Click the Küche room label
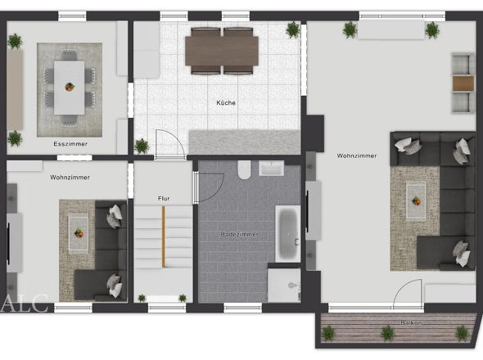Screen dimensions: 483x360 coord(226,103)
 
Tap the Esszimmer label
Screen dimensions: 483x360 coord(70,144)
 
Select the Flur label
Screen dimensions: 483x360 coord(164,199)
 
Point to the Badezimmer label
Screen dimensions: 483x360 coord(239,234)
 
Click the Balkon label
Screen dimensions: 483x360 coord(411,322)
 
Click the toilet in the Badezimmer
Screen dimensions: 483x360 coord(244,169)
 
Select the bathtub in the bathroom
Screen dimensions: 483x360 coord(288,234)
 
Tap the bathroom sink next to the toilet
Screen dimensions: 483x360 coord(271,169)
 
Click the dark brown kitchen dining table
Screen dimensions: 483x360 coord(222,51)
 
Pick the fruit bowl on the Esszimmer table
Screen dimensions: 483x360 coord(70,87)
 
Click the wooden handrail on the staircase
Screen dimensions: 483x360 coord(164,236)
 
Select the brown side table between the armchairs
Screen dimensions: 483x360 coord(463,83)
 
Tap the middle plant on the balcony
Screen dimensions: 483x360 coord(387,333)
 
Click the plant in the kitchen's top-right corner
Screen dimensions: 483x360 coord(292,30)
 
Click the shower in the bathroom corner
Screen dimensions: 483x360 coord(284,286)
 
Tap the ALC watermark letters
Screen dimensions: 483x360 coord(24,304)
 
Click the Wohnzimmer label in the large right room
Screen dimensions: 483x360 coord(357,155)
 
